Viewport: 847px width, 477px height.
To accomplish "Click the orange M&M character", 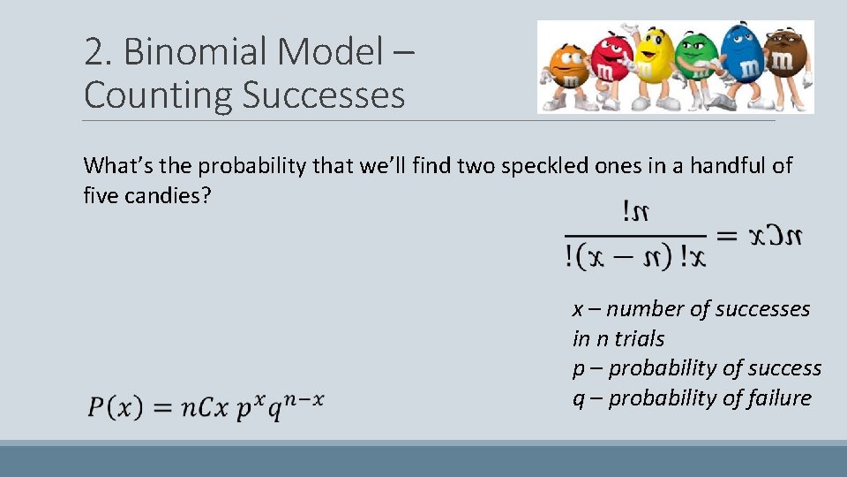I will (x=566, y=70).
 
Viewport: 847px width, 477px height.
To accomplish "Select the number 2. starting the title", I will (x=98, y=53).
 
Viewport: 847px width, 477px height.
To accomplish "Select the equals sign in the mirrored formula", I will (x=727, y=237).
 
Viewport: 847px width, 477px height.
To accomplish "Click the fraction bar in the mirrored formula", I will (x=635, y=236).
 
